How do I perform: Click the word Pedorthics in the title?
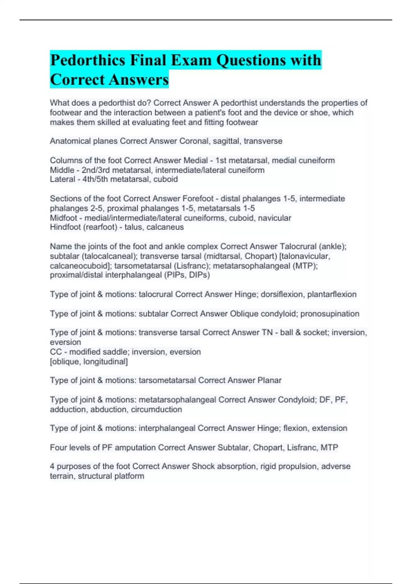tap(88, 60)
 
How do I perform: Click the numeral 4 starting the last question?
tap(52, 467)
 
